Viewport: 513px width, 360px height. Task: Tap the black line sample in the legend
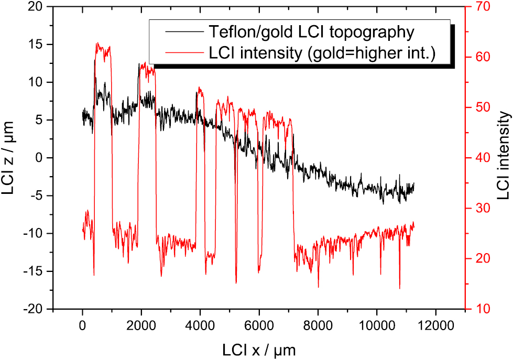pyautogui.click(x=184, y=32)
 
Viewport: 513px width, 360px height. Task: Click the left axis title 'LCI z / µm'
pyautogui.click(x=10, y=157)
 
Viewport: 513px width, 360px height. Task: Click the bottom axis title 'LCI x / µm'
pyautogui.click(x=258, y=348)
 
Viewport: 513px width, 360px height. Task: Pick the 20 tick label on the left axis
pyautogui.click(x=39, y=7)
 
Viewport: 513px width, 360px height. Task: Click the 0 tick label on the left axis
pyautogui.click(x=44, y=158)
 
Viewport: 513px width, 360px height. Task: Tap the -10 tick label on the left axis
pyautogui.click(x=36, y=234)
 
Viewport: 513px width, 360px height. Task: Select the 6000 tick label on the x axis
pyautogui.click(x=259, y=325)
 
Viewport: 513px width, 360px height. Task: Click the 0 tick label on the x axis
pyautogui.click(x=83, y=325)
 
